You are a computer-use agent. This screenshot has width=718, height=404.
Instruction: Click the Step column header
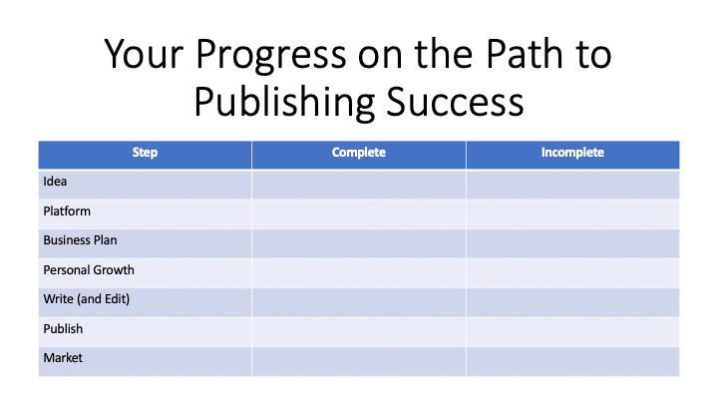[145, 152]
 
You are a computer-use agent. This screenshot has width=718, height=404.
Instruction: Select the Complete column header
[359, 152]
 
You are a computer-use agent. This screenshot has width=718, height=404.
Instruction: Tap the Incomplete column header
[572, 152]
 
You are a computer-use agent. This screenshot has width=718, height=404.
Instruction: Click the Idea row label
[55, 182]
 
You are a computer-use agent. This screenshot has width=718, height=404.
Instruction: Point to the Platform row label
[67, 211]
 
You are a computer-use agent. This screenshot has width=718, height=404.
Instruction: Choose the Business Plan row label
[80, 240]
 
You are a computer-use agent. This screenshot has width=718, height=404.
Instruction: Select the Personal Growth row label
[89, 269]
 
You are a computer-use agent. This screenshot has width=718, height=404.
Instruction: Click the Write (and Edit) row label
[87, 299]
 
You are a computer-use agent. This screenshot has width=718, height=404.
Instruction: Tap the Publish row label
[63, 329]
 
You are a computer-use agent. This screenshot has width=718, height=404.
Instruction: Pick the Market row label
[63, 358]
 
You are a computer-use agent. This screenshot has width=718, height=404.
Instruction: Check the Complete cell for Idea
[359, 185]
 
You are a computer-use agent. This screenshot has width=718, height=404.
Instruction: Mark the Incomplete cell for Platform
[572, 213]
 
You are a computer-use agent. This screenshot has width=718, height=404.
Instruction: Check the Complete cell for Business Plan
[359, 243]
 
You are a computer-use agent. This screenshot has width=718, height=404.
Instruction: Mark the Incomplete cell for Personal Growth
[572, 273]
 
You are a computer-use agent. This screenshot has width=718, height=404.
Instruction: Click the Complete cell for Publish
[359, 331]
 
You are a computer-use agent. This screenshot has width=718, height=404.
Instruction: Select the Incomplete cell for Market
[572, 361]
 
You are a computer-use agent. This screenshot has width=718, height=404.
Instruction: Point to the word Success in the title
[455, 102]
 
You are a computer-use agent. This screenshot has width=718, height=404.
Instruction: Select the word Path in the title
[524, 54]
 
